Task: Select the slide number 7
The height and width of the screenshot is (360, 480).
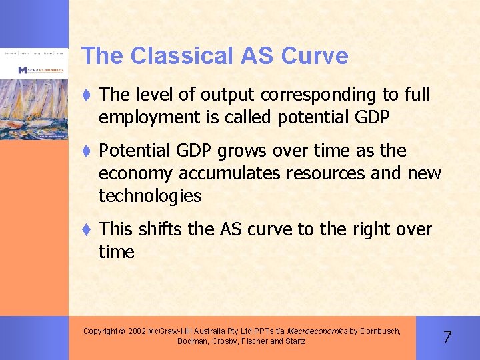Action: point(447,337)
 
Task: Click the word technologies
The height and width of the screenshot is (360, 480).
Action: point(150,196)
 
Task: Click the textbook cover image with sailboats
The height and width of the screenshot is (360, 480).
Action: point(33,100)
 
